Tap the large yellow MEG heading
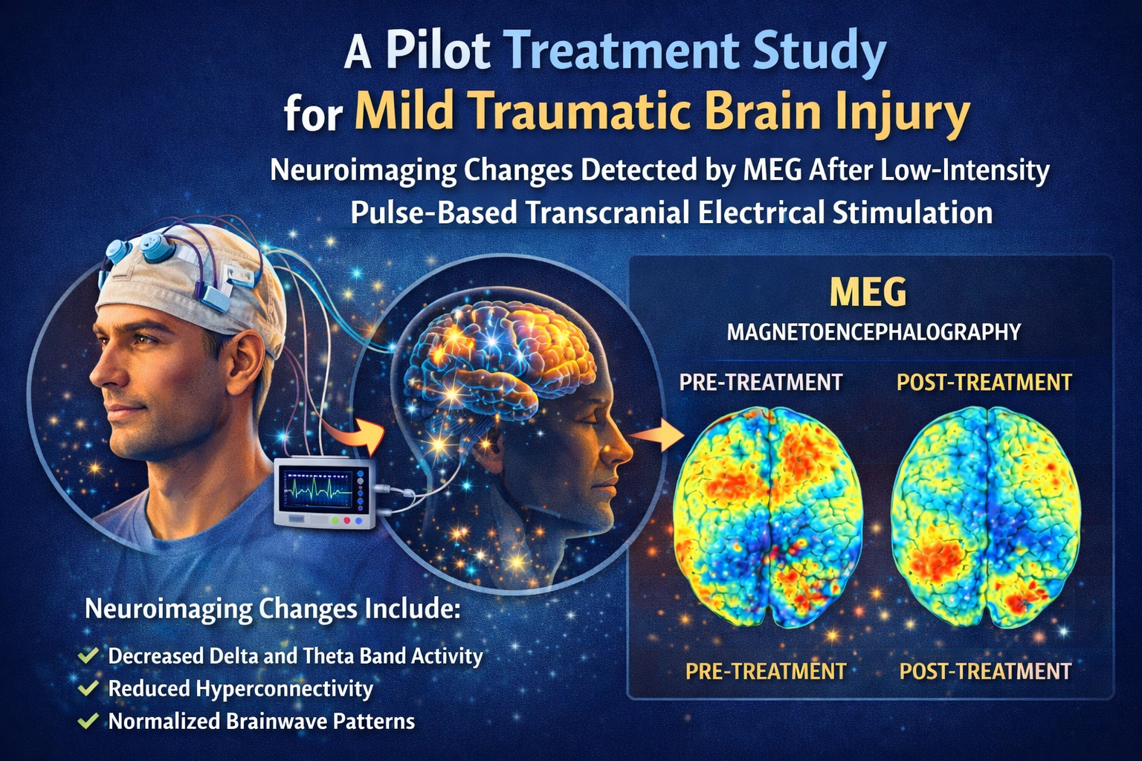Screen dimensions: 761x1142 pyautogui.click(x=868, y=292)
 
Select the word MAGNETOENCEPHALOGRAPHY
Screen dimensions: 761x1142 pyautogui.click(x=874, y=331)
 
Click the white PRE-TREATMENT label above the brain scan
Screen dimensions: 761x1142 pyautogui.click(x=761, y=383)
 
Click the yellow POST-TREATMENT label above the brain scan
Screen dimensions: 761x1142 pyautogui.click(x=984, y=383)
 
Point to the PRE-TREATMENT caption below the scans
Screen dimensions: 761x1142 pyautogui.click(x=765, y=672)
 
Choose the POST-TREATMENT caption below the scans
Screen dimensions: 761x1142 pyautogui.click(x=985, y=672)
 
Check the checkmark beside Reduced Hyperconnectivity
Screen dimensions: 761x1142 pyautogui.click(x=89, y=688)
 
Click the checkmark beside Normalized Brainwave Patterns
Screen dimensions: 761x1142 pyautogui.click(x=89, y=721)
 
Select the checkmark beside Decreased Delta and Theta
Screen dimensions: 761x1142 pyautogui.click(x=89, y=655)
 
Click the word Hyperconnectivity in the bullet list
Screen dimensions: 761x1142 pyautogui.click(x=284, y=689)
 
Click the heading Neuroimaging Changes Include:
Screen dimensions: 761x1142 pyautogui.click(x=272, y=609)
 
